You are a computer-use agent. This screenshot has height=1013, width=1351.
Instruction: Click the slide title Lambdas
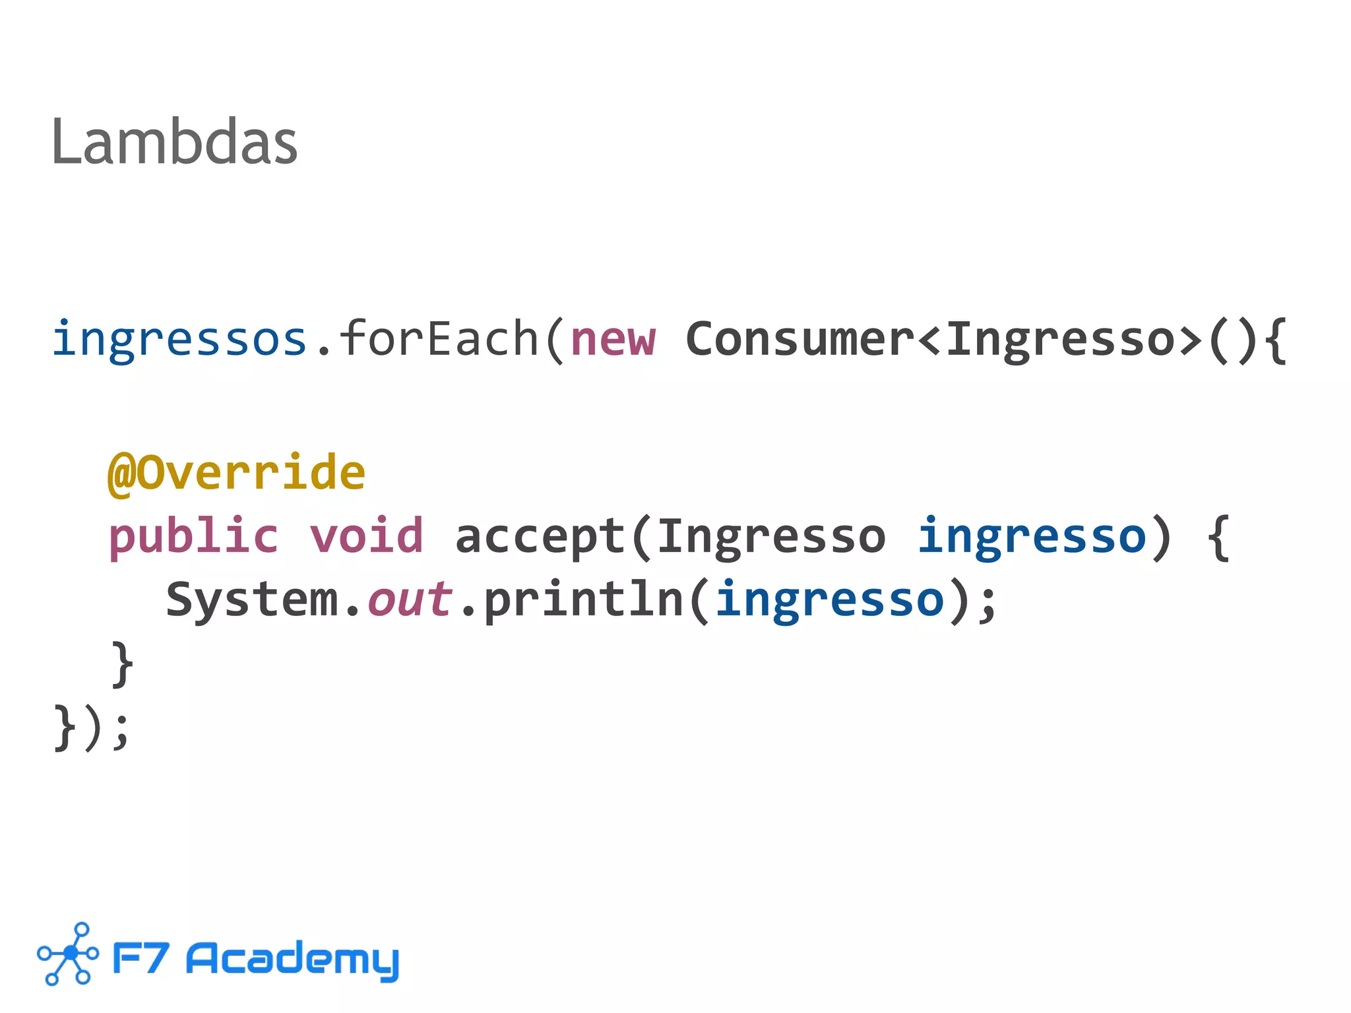point(174,142)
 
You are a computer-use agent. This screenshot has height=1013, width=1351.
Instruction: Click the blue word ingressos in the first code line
point(179,339)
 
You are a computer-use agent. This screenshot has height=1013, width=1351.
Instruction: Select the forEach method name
point(438,339)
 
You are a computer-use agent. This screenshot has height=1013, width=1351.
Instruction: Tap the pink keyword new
point(613,339)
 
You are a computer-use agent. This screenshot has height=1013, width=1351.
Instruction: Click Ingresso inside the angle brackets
point(1061,339)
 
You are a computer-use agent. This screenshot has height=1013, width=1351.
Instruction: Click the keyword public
point(193,536)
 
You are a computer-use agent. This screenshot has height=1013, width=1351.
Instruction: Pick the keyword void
point(366,536)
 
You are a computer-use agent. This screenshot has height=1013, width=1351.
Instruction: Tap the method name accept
point(539,536)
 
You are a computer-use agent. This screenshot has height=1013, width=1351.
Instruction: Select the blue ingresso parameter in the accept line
point(1032,536)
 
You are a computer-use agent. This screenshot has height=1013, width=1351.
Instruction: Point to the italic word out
point(410,599)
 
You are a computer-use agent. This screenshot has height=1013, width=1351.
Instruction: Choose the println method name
point(583,599)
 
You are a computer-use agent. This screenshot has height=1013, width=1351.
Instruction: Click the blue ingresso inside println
point(829,599)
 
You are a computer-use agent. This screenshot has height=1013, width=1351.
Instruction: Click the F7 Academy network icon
point(68,954)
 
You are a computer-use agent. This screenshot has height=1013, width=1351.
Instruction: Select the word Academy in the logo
point(292,959)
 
